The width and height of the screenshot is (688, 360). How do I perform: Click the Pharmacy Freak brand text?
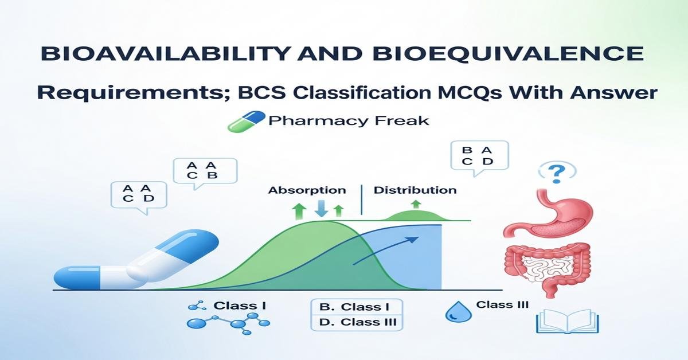click(348, 121)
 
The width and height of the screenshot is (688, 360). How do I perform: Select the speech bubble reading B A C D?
click(478, 155)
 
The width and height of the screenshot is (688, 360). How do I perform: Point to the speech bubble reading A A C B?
click(205, 170)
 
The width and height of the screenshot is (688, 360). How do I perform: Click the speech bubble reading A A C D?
click(138, 194)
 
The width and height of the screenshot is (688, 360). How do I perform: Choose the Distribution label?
click(415, 190)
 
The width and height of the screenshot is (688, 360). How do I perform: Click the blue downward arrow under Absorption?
click(322, 208)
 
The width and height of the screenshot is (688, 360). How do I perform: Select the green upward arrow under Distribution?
click(416, 204)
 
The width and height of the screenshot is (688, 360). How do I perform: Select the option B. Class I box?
click(356, 307)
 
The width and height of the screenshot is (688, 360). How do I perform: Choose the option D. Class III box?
click(356, 322)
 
